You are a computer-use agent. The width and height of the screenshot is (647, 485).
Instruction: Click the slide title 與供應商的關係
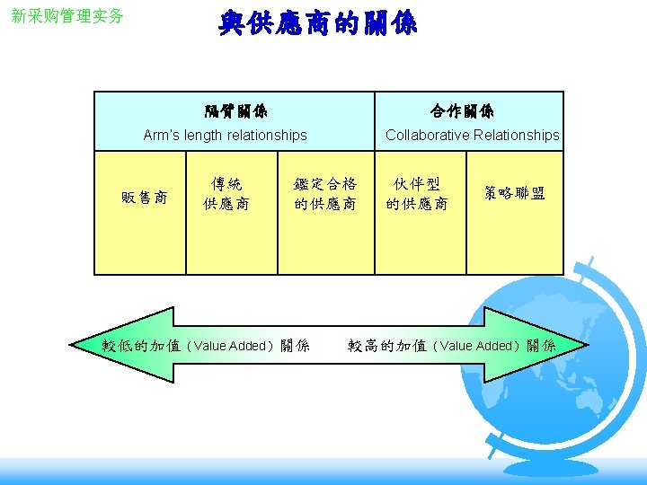[318, 22]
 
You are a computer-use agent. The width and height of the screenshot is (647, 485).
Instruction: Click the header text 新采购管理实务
[67, 16]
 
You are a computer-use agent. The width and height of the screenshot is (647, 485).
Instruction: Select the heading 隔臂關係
[235, 111]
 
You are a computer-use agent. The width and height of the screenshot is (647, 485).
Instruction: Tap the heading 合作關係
[462, 111]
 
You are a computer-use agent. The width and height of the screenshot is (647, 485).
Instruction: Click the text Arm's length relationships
[225, 135]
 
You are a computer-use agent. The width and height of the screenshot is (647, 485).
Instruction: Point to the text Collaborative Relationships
[472, 135]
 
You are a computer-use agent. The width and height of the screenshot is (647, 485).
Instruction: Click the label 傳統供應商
[226, 194]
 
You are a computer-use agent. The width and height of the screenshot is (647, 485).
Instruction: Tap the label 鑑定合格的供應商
[325, 194]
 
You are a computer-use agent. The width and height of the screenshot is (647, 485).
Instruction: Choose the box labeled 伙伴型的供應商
[417, 194]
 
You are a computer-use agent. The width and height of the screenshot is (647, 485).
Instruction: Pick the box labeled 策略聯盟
[514, 194]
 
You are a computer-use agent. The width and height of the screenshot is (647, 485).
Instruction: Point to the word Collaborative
[426, 135]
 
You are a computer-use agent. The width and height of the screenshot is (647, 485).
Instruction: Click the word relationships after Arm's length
[265, 135]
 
